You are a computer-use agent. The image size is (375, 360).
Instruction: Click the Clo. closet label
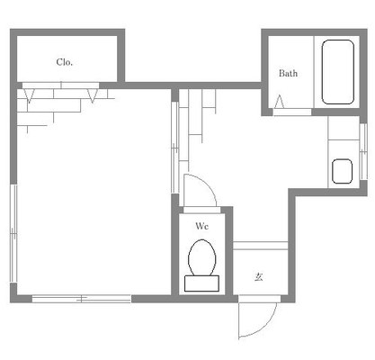tap(65, 62)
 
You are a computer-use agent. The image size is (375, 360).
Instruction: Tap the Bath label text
tap(288, 73)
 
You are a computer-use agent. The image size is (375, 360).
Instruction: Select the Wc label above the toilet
tap(201, 226)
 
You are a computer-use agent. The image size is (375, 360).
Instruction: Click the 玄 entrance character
tap(259, 276)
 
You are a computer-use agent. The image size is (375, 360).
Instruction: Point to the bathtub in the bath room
tap(338, 72)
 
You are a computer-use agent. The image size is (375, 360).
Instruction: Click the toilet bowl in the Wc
tap(202, 257)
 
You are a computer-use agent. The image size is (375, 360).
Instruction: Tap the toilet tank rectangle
tap(201, 283)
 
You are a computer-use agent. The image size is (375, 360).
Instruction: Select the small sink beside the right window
tap(342, 171)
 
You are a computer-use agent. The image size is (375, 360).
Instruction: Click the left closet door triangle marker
tap(29, 95)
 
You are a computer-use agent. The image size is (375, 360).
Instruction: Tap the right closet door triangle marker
tap(92, 95)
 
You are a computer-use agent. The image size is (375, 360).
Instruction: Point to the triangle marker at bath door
tap(279, 102)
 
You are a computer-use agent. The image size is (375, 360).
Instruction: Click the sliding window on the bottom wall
tap(82, 299)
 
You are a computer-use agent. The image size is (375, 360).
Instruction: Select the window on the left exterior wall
tap(13, 233)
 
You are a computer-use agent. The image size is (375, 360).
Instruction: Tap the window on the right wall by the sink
tap(363, 152)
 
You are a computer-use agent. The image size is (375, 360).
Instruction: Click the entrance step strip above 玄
tap(261, 246)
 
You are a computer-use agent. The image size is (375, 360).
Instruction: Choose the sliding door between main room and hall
tap(174, 148)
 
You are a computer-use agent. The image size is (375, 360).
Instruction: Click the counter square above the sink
tap(344, 128)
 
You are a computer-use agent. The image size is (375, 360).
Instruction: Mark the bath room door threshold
tap(292, 112)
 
